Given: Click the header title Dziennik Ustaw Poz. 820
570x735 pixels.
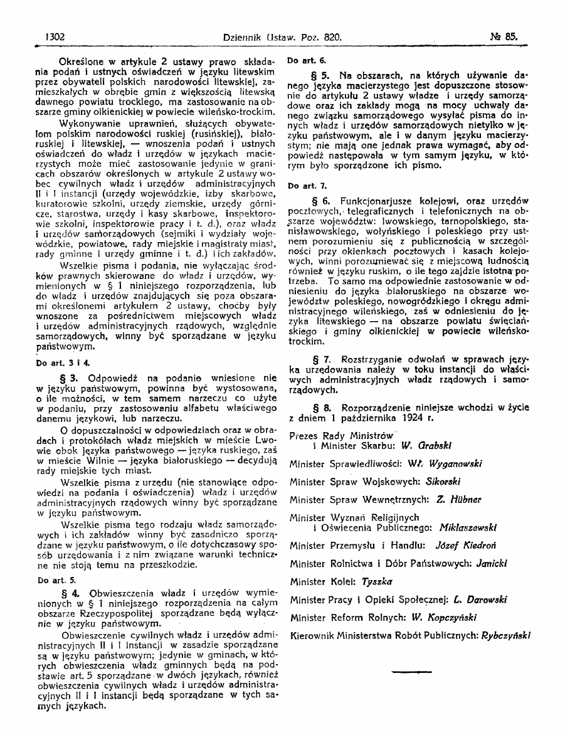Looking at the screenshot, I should (x=282, y=38).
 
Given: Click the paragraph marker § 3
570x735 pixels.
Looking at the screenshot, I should (x=68, y=378).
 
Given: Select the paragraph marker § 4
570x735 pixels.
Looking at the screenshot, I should (x=68, y=593).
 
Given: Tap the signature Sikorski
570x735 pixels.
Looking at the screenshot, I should (x=442, y=482).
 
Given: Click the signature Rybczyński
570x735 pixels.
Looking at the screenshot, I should (x=505, y=635).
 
